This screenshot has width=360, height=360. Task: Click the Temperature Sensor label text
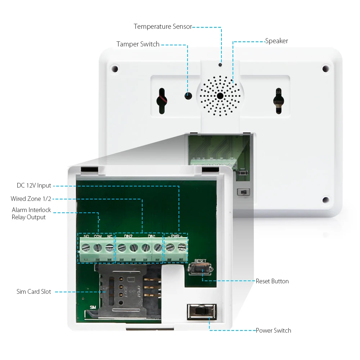[163, 27]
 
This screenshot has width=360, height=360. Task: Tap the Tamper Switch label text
[138, 44]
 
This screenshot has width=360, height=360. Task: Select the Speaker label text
[276, 41]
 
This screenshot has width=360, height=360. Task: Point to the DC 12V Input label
[34, 186]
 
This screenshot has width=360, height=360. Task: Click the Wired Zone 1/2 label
[31, 199]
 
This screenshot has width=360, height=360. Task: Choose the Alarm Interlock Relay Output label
[31, 213]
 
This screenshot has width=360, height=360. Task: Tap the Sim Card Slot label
[34, 292]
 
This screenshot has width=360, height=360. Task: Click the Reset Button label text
[272, 281]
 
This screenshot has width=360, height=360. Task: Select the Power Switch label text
[273, 330]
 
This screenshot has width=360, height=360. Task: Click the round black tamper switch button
[188, 96]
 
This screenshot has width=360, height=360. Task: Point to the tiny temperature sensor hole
[220, 65]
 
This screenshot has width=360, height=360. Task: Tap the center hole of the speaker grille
[220, 96]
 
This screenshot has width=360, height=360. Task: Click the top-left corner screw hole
[114, 68]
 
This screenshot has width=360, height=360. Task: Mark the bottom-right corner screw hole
[326, 200]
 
